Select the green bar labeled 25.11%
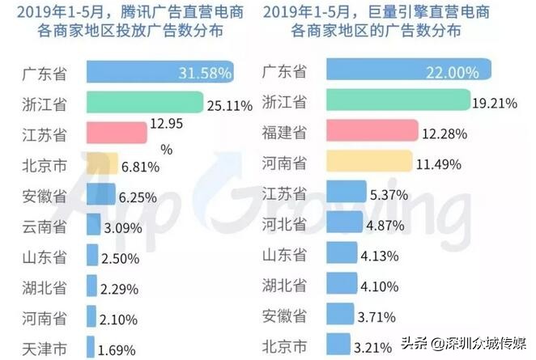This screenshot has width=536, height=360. tap(143, 103)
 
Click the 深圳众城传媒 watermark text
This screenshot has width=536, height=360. tap(479, 343)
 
